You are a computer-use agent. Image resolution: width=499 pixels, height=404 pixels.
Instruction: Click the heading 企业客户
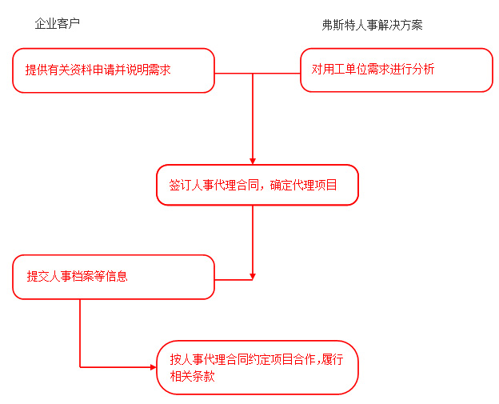point(58,24)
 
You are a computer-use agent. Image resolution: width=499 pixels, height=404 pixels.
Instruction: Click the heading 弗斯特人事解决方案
point(372,25)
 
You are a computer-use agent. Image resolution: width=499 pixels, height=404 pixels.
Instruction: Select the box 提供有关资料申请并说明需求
point(114,70)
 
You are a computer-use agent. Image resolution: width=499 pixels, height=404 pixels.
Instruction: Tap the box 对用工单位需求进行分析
point(397,70)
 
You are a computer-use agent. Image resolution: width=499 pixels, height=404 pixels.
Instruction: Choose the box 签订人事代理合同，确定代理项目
point(257,185)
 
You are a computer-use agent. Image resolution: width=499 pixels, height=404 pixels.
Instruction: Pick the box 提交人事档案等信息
point(114,277)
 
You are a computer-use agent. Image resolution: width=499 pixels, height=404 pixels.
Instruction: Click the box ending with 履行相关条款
point(257,367)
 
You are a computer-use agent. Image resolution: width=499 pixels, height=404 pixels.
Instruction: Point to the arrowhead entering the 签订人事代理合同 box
point(253,161)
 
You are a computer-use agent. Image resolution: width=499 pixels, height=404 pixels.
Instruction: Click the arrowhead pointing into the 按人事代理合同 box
point(153,367)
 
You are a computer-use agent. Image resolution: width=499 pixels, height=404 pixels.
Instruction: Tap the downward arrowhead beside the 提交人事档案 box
point(253,277)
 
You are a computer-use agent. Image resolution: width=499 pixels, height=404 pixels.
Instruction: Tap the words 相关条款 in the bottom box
point(193,376)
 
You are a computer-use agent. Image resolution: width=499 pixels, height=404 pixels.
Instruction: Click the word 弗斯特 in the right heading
point(338,25)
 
